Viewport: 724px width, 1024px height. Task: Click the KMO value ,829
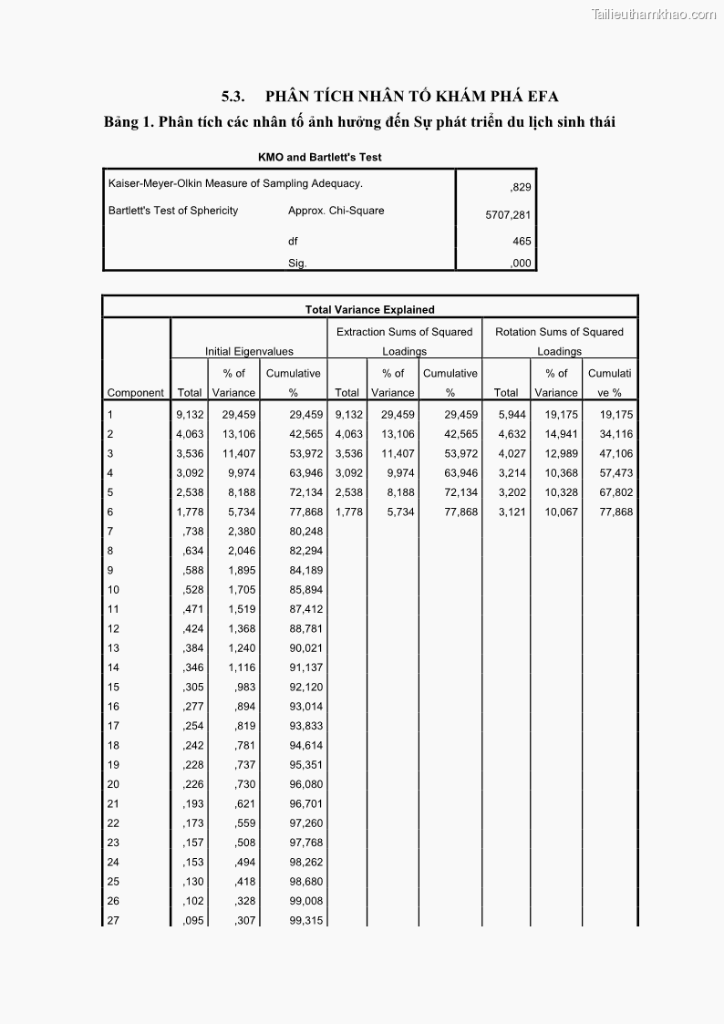tap(521, 188)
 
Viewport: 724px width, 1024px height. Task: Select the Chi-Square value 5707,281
tap(508, 216)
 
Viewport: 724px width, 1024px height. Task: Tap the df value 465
tap(522, 242)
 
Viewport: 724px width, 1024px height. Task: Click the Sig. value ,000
tap(521, 264)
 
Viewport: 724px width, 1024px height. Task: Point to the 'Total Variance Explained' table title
tap(369, 310)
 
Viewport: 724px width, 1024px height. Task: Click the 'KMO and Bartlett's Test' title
tap(320, 157)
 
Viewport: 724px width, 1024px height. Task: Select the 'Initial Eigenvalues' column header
tap(248, 351)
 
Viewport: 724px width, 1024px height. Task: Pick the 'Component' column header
tap(136, 393)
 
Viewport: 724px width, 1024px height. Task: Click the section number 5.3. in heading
tap(233, 96)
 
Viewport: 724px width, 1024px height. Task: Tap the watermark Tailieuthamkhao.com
tap(654, 14)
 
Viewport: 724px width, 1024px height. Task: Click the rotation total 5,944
tap(512, 415)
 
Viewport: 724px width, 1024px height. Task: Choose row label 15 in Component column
tap(113, 688)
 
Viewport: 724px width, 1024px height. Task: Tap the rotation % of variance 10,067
tap(556, 512)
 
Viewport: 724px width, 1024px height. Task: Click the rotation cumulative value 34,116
tap(615, 435)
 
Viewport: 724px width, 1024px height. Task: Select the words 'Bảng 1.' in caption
tap(128, 122)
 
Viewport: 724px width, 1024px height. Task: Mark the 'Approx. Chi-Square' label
tap(336, 211)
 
